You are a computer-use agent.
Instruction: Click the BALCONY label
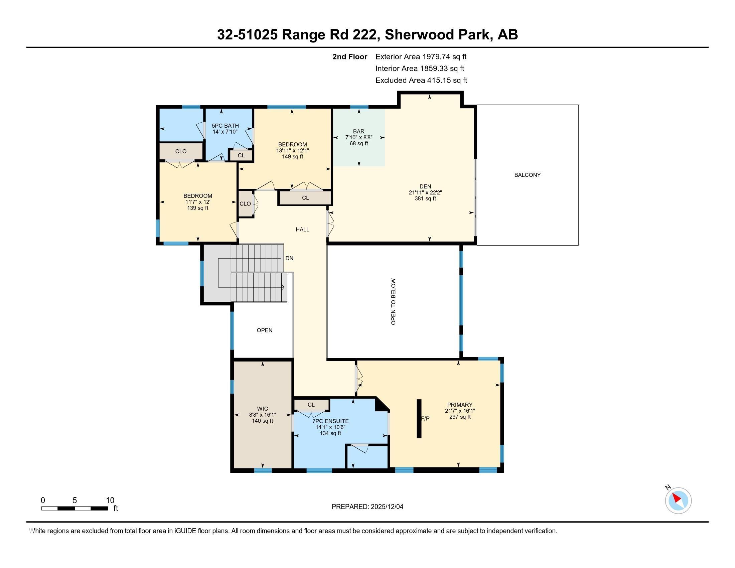pos(527,175)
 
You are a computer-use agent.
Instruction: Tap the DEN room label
pos(425,186)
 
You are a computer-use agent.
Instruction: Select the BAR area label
pos(358,132)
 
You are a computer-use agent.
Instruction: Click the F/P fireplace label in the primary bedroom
pos(425,419)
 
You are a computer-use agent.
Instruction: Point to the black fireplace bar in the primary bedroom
pos(419,419)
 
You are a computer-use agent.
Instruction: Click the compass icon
pos(678,501)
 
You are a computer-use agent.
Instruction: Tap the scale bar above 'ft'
pos(75,508)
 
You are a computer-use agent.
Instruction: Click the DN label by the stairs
pos(289,258)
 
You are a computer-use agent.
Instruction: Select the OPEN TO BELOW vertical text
pos(394,301)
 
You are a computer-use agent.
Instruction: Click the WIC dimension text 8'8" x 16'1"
pos(263,415)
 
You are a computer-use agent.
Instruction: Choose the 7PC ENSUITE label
pos(330,421)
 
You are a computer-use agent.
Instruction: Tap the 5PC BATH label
pos(225,126)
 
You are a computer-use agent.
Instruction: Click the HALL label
pos(302,230)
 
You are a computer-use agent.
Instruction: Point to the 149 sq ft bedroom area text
pos(292,156)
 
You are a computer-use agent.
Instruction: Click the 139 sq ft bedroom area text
pos(197,208)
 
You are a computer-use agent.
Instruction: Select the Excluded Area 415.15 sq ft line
pos(421,81)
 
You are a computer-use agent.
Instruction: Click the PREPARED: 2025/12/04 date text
pos(367,507)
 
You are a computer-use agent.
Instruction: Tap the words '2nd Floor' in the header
pos(349,57)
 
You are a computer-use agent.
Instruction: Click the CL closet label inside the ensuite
pos(311,405)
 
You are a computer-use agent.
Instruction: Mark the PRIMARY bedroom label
pos(459,405)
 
